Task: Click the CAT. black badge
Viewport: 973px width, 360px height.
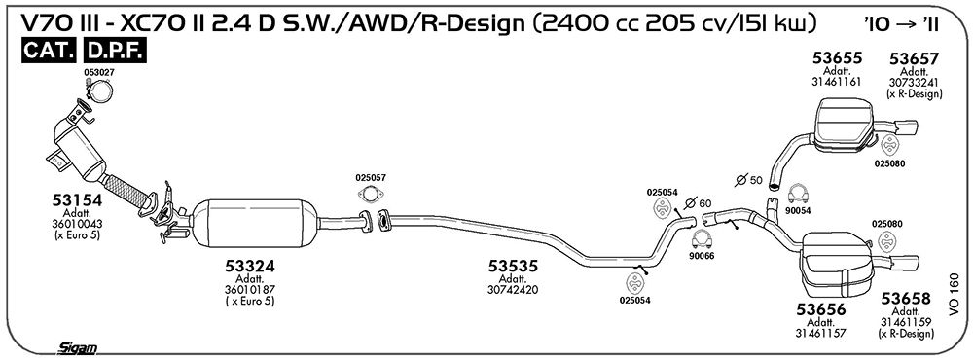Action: pos(49,52)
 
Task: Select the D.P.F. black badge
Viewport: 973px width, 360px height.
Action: pos(115,52)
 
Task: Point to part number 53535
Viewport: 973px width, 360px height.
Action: pos(513,266)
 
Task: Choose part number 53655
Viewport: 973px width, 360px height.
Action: pos(838,58)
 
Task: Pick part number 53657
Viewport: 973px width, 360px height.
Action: pos(914,59)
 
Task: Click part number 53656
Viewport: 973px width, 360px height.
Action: pos(821,309)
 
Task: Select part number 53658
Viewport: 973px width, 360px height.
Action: pos(906,299)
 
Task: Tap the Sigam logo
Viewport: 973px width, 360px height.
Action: pos(77,348)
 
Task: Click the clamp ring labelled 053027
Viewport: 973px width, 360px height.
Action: pos(99,91)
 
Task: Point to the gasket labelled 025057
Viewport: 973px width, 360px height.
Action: pos(371,195)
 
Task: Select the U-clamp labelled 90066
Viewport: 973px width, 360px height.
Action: pos(702,239)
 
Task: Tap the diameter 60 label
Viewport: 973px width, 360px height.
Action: pos(697,202)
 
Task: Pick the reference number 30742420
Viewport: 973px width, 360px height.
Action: pos(513,289)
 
